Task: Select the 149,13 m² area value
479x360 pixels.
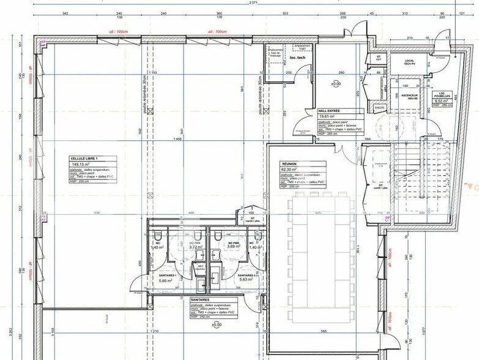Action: pos(80,164)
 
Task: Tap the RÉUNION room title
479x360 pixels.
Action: pos(289,164)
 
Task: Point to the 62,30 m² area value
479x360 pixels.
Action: pos(290,170)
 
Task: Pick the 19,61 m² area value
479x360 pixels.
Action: pos(328,116)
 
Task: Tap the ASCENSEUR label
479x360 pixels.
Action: pos(409,96)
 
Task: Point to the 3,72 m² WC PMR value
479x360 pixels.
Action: pos(196,247)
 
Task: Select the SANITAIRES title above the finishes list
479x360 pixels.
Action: pos(201,300)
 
